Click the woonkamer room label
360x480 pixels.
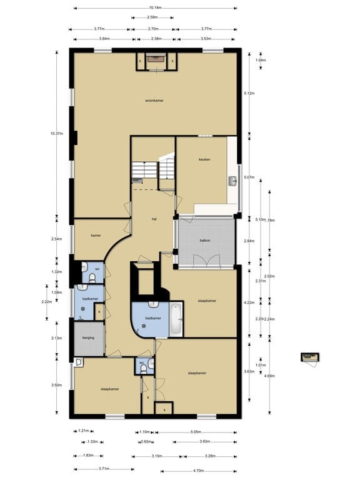154,100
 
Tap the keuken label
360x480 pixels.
204,159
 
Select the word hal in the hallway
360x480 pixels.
154,219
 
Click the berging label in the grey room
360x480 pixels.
88,337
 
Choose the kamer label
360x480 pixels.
96,235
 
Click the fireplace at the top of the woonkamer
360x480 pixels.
155,61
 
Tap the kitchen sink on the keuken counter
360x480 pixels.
232,181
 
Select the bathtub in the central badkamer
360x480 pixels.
176,319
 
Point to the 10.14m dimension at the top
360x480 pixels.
155,8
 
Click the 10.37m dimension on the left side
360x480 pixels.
57,132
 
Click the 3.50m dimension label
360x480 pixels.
57,386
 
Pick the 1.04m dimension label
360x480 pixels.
261,61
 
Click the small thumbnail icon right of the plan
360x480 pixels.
310,357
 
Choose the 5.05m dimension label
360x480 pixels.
195,432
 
